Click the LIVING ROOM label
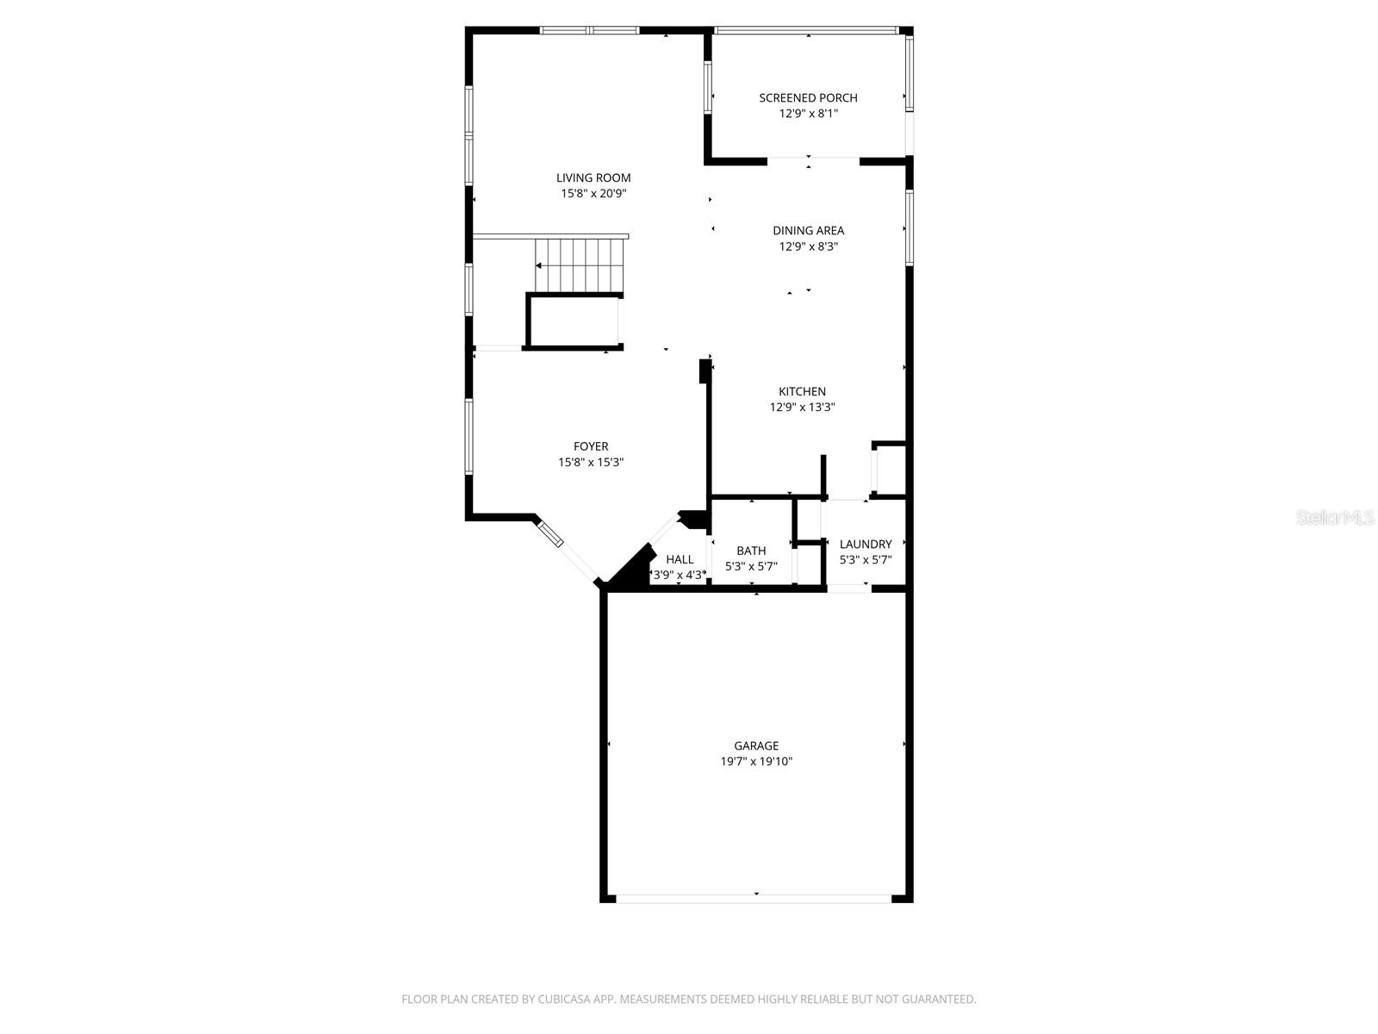[x=593, y=178]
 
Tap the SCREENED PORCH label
[x=808, y=98]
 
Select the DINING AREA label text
[x=808, y=231]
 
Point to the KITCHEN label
[x=803, y=392]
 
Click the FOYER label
[x=591, y=446]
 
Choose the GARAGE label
[x=756, y=746]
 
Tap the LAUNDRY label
[x=866, y=545]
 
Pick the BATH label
[x=751, y=551]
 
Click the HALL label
[x=680, y=560]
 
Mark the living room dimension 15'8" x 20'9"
[x=593, y=194]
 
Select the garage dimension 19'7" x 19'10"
[x=756, y=762]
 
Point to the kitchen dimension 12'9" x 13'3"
[x=803, y=408]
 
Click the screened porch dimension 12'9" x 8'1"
[x=808, y=114]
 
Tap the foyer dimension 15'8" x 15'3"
[x=591, y=463]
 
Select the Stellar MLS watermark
[x=1335, y=518]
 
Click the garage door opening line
[x=754, y=899]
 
